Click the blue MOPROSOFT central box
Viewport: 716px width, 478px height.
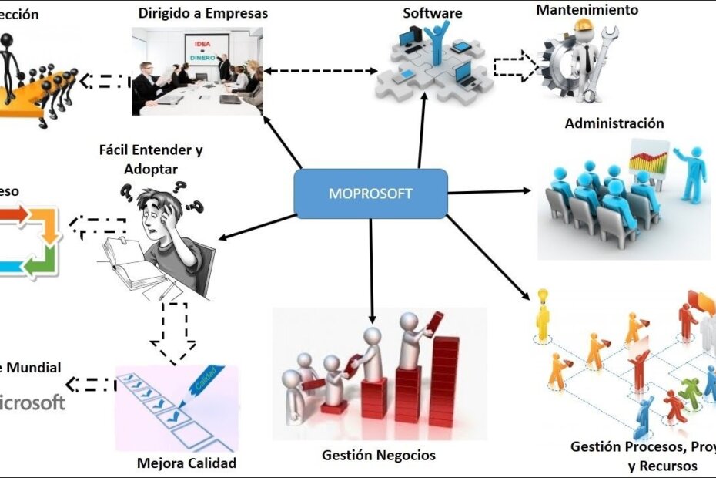371,193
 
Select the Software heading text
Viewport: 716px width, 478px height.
433,13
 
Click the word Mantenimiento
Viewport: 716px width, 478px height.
587,10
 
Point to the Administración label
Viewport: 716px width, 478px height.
614,123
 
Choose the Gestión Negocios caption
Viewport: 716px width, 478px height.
379,455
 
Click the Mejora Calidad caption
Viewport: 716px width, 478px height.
186,463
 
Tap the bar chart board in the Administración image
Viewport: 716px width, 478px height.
648,162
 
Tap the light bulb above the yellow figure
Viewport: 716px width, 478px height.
542,295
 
